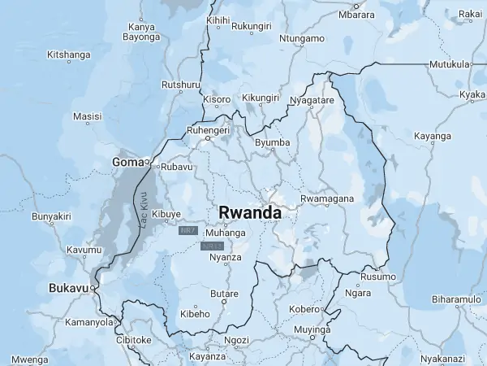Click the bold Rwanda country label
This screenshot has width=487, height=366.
click(250, 212)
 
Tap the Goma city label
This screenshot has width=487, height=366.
click(127, 163)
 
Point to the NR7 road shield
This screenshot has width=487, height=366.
click(188, 231)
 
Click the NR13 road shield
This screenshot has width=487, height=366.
click(212, 246)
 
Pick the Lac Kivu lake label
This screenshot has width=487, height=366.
click(144, 209)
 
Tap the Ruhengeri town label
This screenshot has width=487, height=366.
click(209, 129)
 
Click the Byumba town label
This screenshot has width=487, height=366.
click(272, 143)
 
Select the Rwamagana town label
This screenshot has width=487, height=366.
click(327, 198)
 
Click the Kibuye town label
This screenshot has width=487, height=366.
click(166, 215)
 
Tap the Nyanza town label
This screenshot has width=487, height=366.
click(226, 258)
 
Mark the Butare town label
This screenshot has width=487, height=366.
click(224, 294)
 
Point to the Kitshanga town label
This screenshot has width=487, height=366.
click(69, 54)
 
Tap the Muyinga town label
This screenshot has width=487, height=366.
click(312, 330)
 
